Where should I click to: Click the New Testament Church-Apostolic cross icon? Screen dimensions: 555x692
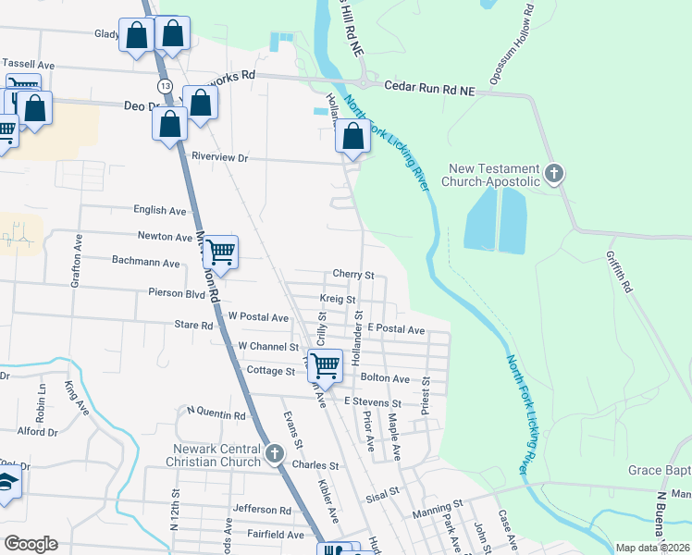coord(553,172)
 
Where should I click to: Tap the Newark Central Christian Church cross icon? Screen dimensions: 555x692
coord(274,453)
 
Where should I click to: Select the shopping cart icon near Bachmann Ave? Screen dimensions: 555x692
coord(220,251)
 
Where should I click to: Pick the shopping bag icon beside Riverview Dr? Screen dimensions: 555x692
coord(353,136)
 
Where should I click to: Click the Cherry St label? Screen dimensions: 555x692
coord(353,275)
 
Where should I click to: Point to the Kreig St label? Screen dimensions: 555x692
coord(338,300)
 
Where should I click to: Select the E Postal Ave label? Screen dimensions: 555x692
coord(395,329)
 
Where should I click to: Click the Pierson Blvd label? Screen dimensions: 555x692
coord(176,292)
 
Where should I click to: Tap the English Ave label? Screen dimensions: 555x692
coord(160,211)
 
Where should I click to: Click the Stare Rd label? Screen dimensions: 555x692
coord(193,325)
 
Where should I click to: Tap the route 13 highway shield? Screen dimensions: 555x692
coord(165,85)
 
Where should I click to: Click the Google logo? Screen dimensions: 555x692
coord(31,544)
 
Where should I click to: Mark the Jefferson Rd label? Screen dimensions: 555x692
coord(262,510)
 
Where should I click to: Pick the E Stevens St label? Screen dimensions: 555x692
coord(372,403)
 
